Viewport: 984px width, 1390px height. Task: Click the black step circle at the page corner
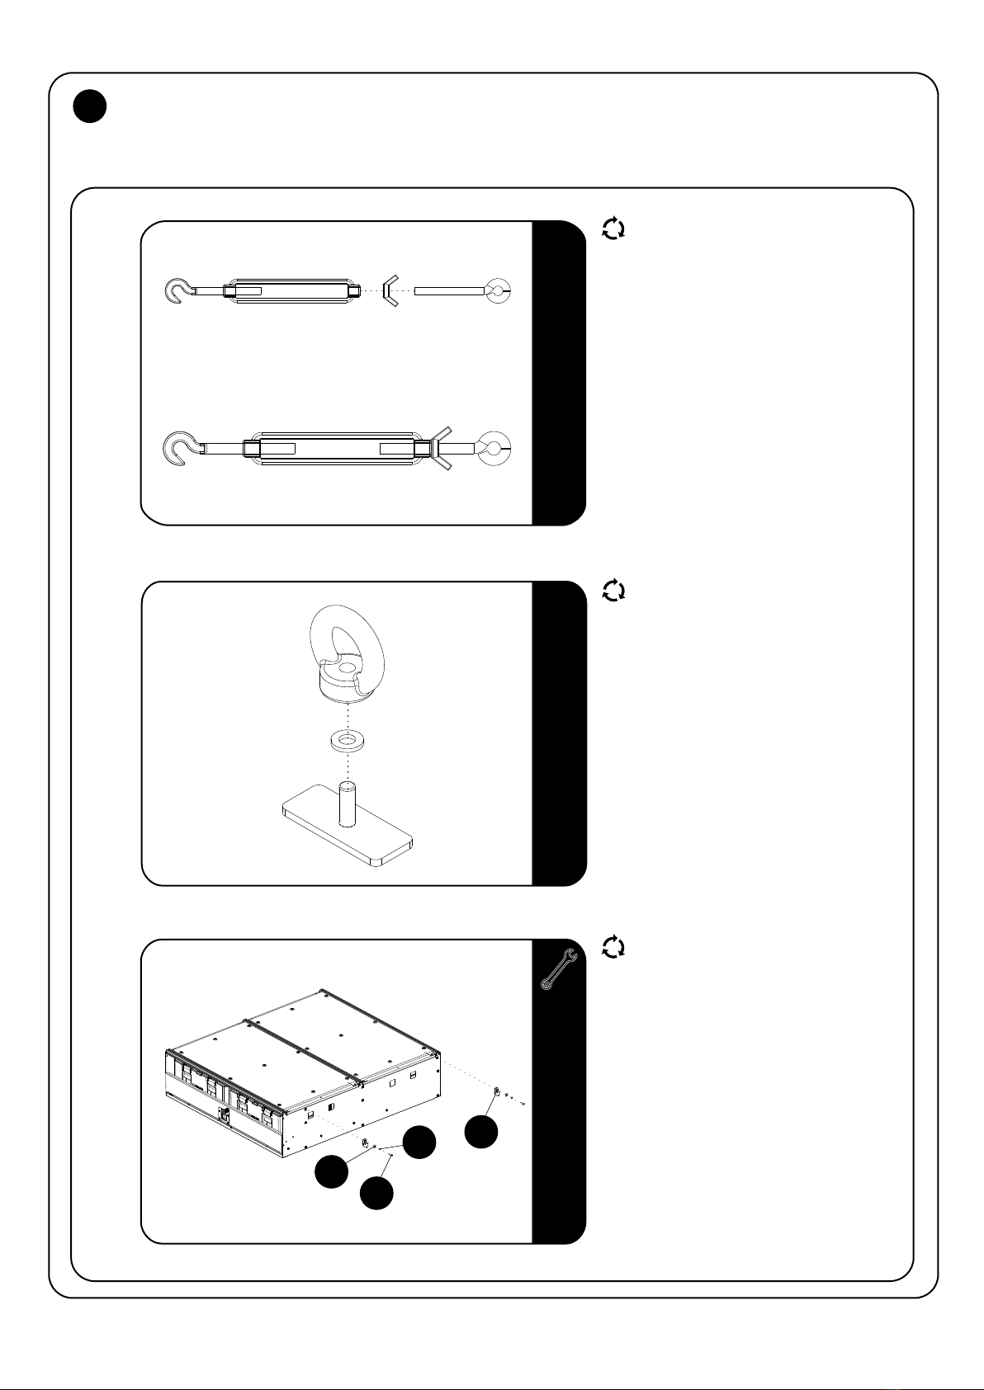pyautogui.click(x=89, y=106)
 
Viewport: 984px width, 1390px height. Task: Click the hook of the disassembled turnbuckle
pyautogui.click(x=177, y=291)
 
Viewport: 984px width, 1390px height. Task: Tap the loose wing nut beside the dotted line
pyautogui.click(x=390, y=290)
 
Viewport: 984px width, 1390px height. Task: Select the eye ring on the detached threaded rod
pyautogui.click(x=498, y=290)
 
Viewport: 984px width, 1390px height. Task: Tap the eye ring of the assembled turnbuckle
pyautogui.click(x=494, y=448)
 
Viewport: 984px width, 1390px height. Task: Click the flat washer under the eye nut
pyautogui.click(x=345, y=740)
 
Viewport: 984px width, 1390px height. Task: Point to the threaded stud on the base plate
pyautogui.click(x=346, y=800)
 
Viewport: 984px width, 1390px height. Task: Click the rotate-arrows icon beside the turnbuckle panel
pyautogui.click(x=613, y=229)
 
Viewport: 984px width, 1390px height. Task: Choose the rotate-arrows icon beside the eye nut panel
pyautogui.click(x=613, y=590)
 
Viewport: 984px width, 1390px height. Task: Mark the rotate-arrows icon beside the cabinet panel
pyautogui.click(x=613, y=947)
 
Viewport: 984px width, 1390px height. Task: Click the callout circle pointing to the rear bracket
pyautogui.click(x=481, y=1131)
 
